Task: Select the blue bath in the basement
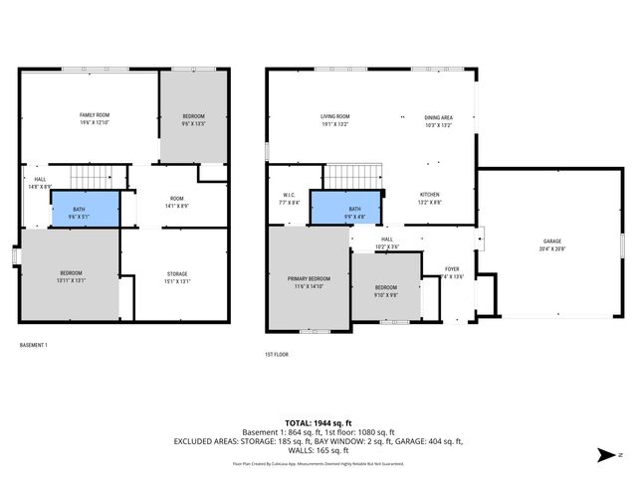(86, 210)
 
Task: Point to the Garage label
(552, 243)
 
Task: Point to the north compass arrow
(603, 455)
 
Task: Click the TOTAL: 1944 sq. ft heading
(318, 423)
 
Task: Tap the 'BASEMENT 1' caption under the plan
(34, 345)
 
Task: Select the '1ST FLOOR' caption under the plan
(277, 354)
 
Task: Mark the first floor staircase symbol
(355, 176)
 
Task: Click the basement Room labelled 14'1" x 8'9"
(176, 202)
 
